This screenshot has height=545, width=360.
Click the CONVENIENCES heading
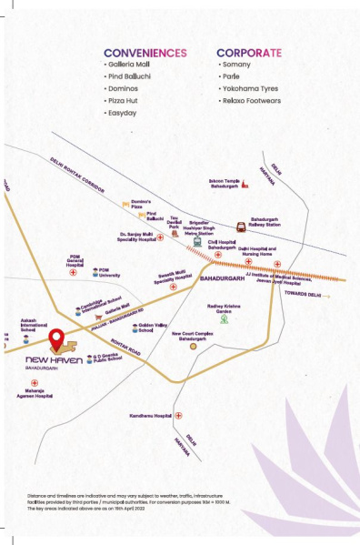point(145,53)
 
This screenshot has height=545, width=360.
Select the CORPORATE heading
point(248,53)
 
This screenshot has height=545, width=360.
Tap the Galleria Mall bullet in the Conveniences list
point(128,66)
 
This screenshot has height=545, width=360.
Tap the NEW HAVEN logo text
point(55,359)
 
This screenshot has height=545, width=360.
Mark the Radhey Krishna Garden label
point(223,308)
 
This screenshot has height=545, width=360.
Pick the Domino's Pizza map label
point(138,205)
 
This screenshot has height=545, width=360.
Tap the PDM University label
point(109,272)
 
